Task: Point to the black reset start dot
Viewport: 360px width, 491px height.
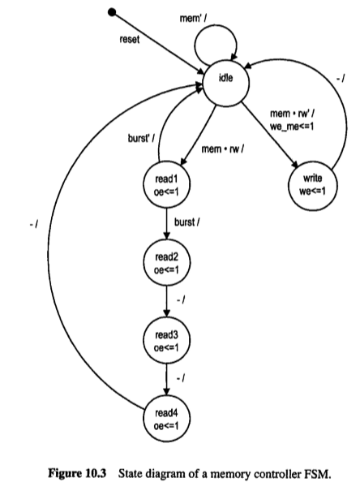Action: click(113, 12)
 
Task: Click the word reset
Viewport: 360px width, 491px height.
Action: click(131, 39)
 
